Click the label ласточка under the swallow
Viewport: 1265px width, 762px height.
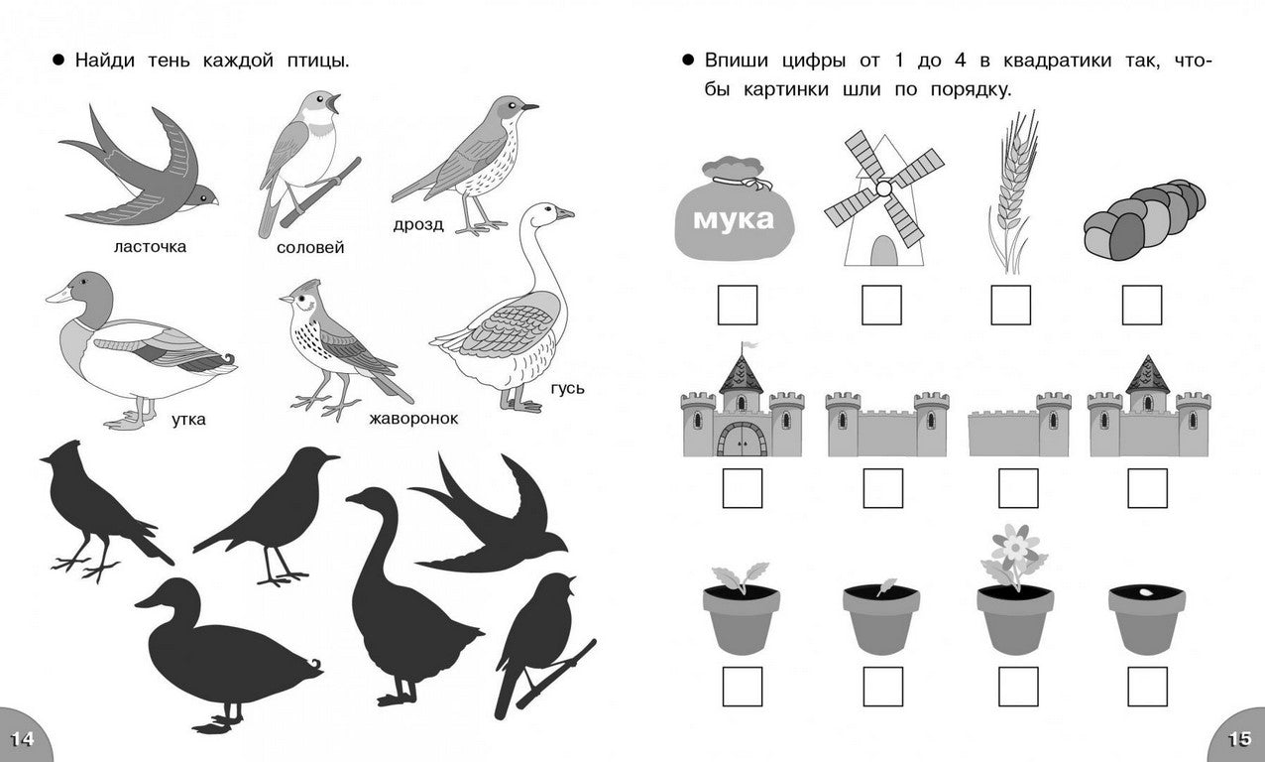click(151, 247)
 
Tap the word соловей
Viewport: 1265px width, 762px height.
click(310, 248)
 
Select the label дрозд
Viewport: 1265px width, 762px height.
click(418, 225)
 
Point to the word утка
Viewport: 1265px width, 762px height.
click(188, 420)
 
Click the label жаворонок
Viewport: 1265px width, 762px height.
click(413, 419)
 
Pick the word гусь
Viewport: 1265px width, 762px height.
click(567, 388)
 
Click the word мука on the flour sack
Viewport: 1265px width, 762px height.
click(733, 219)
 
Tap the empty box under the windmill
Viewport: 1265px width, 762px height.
click(881, 306)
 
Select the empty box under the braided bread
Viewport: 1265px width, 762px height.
click(1141, 306)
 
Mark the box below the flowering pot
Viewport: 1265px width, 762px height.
click(1018, 687)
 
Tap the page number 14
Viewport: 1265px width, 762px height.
click(22, 739)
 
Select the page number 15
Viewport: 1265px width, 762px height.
click(1239, 739)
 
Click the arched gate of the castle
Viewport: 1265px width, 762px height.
click(743, 440)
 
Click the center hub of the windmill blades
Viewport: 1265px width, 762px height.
click(883, 189)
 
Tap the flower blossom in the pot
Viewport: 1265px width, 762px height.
click(1015, 545)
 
